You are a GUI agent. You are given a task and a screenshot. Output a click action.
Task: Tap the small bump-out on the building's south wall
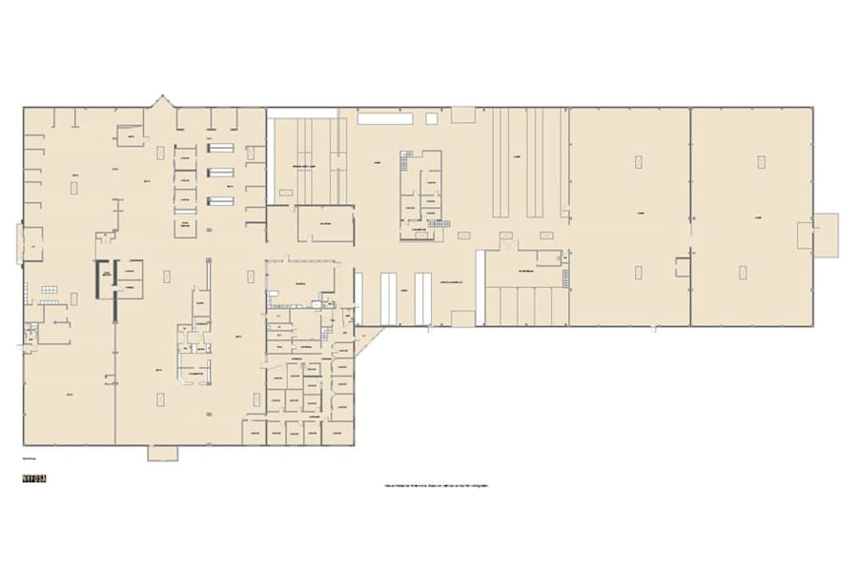click(162, 453)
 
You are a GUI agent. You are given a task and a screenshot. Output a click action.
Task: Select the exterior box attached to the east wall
click(826, 234)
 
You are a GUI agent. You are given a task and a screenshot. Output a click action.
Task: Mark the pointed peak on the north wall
click(163, 100)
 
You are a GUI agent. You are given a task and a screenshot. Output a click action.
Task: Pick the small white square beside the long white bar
click(431, 119)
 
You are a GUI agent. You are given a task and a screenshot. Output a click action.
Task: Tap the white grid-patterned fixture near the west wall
click(49, 289)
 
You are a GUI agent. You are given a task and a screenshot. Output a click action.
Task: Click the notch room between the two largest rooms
click(682, 267)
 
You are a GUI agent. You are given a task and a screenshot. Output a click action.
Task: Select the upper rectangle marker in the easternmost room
click(761, 162)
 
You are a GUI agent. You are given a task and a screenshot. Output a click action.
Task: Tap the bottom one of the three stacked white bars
click(220, 200)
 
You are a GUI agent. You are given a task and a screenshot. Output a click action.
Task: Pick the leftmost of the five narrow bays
click(495, 306)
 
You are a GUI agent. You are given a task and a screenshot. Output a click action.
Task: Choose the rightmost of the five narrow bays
click(562, 306)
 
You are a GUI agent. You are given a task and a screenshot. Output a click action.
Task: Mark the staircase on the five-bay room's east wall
click(565, 276)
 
